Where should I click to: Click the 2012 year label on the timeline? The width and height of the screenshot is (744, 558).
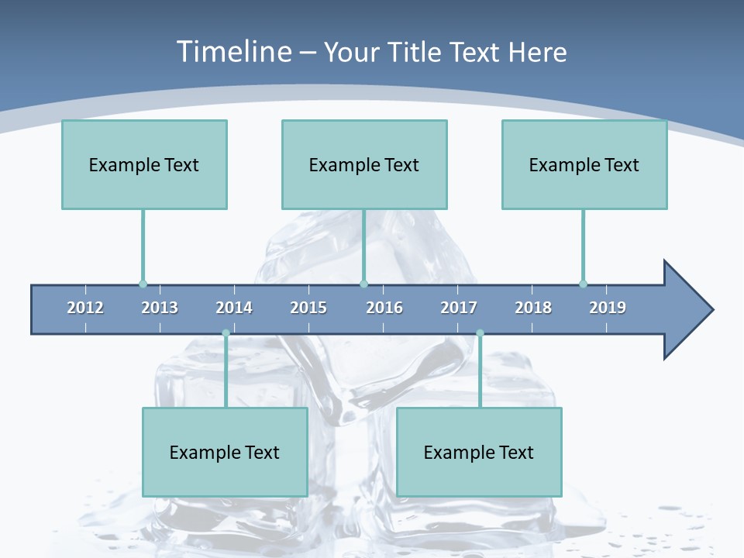click(x=85, y=308)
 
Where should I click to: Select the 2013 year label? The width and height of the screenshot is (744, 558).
click(x=160, y=308)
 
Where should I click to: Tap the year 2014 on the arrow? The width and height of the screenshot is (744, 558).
click(x=234, y=308)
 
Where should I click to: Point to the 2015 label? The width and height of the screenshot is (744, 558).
click(x=308, y=308)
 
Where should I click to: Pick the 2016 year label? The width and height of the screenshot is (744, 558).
click(x=384, y=308)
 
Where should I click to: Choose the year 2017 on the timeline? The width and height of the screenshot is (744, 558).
click(x=459, y=308)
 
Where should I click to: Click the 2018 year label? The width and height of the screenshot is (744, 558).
click(x=533, y=308)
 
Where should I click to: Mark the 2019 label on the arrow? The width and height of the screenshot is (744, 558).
click(x=608, y=308)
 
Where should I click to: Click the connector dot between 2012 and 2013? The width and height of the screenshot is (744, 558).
click(x=143, y=284)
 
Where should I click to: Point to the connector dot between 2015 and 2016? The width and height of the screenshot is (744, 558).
click(x=363, y=284)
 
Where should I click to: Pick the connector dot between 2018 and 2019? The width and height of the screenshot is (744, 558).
click(x=583, y=284)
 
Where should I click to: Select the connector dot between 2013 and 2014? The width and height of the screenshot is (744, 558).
click(x=226, y=333)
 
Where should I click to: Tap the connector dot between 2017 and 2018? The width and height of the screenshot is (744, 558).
click(x=480, y=333)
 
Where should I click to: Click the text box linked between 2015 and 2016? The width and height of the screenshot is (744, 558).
click(x=364, y=164)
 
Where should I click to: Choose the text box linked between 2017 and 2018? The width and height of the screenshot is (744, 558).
click(x=479, y=452)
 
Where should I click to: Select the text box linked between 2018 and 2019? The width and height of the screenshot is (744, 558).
click(x=584, y=164)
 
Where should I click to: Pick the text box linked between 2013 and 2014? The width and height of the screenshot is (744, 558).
click(x=225, y=452)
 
